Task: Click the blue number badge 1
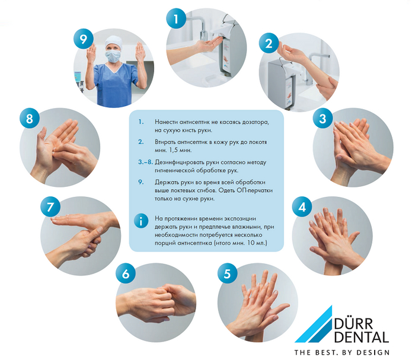tap(176, 18)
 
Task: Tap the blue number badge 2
tap(269, 43)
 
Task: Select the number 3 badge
tap(323, 119)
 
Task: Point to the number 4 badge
tap(302, 207)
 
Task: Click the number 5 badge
tap(227, 273)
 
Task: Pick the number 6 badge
tap(126, 273)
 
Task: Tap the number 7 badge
tap(50, 207)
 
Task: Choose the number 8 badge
tap(30, 119)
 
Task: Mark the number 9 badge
tap(84, 39)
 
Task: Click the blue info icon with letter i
tap(141, 221)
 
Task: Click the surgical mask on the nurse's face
tap(113, 56)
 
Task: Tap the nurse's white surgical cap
tap(114, 42)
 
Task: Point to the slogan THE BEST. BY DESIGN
tap(342, 352)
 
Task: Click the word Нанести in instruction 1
tap(166, 122)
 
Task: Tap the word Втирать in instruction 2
tap(165, 142)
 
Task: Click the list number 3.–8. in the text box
tap(145, 162)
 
